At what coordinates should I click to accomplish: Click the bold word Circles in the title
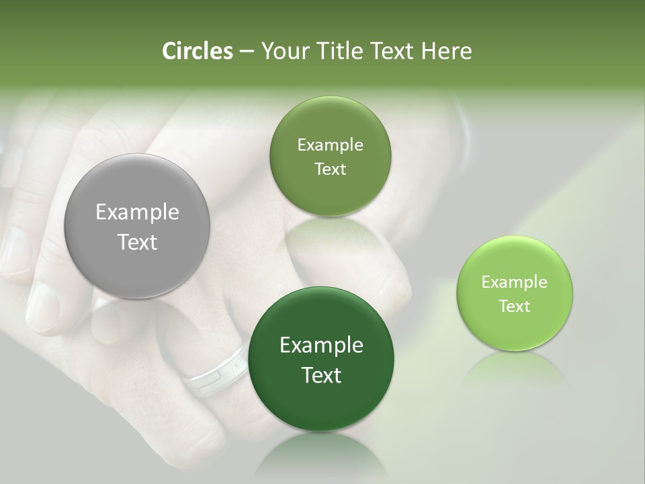198,51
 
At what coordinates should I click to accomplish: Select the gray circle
137,226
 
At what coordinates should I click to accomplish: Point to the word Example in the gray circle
137,212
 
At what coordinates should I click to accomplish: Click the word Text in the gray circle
137,242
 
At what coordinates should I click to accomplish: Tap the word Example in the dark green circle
321,346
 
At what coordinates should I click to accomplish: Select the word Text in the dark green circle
321,375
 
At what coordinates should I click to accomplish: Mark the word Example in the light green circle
515,282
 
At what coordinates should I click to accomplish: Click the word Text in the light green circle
515,307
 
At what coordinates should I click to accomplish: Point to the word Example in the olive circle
330,145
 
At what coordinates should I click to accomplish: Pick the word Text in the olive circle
330,169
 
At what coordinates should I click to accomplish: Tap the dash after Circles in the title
246,51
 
